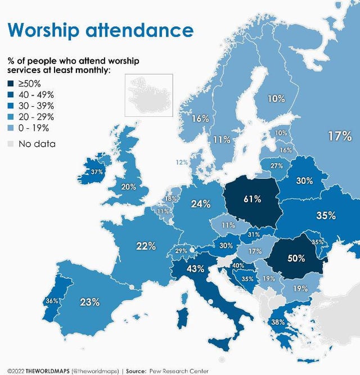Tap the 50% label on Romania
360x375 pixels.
(296, 258)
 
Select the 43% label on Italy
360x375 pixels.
(195, 269)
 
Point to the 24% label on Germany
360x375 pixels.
(201, 204)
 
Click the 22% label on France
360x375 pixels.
(145, 246)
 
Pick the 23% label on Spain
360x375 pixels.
(89, 302)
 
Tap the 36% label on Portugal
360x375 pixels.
(52, 301)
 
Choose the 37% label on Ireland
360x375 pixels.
(97, 172)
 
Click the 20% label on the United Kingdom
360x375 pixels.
(129, 187)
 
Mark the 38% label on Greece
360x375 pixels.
(278, 322)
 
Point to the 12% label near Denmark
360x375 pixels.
(182, 162)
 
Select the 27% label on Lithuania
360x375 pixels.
(276, 166)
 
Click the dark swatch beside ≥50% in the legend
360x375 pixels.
(11, 83)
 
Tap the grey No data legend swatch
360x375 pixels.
(11, 144)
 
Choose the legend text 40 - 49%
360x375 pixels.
(37, 96)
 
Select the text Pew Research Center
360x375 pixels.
(179, 371)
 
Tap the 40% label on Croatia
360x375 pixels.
(238, 265)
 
